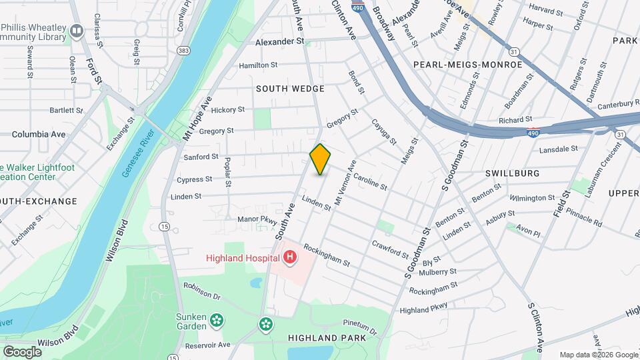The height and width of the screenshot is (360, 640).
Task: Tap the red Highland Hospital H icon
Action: click(x=290, y=257)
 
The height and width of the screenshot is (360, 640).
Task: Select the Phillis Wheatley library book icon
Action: click(x=77, y=31)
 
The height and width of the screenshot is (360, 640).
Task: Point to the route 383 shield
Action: click(x=184, y=51)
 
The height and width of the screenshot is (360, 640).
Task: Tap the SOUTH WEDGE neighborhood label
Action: click(x=291, y=89)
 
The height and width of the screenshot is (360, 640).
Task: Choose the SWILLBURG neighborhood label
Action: click(x=512, y=173)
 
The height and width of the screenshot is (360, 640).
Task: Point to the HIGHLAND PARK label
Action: click(x=327, y=338)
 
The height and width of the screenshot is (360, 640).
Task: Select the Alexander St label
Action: click(x=280, y=41)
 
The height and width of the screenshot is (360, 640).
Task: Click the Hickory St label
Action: click(x=228, y=110)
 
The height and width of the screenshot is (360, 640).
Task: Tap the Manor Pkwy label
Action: click(x=257, y=219)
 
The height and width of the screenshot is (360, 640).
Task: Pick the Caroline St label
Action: click(x=370, y=182)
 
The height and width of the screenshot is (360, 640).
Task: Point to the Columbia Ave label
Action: click(x=39, y=134)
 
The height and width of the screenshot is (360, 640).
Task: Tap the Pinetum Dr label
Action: click(x=361, y=327)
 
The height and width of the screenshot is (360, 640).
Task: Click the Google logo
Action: click(x=22, y=351)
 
